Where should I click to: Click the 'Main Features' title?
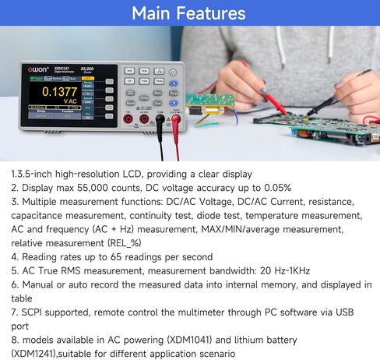tap(189, 13)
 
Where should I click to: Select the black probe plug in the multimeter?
tap(160, 122)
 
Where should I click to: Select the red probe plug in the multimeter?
tap(174, 122)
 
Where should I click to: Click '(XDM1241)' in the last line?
tap(38, 355)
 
